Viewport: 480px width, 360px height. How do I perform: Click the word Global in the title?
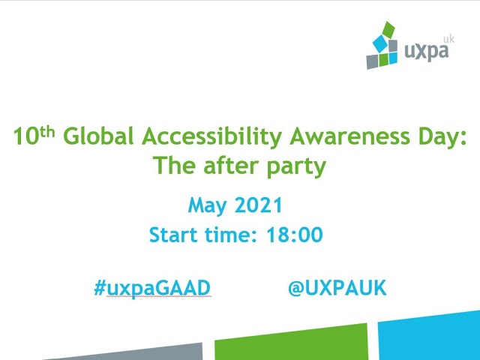tap(98, 136)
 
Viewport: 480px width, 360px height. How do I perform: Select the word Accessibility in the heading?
tap(211, 137)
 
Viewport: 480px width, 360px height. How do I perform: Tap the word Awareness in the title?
tap(349, 136)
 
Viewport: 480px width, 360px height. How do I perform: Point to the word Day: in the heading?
tap(442, 137)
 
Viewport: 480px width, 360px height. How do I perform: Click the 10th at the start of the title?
tap(34, 136)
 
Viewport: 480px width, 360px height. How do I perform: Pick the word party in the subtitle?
tap(296, 166)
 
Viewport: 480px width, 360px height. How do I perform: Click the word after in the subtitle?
tap(231, 165)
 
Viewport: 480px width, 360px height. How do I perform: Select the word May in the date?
tap(207, 205)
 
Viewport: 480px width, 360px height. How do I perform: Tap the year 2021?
tap(258, 205)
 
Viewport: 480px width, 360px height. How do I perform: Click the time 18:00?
tap(295, 235)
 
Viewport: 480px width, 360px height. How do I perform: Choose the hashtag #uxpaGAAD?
tap(152, 288)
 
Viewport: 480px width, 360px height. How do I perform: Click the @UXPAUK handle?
tap(337, 288)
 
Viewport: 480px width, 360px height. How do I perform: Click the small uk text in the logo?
tap(448, 39)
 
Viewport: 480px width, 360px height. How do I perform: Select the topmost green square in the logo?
tap(388, 30)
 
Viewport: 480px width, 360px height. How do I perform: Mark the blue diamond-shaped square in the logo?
tap(380, 43)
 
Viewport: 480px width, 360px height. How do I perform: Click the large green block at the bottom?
tap(291, 342)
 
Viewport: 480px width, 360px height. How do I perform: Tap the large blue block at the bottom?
tap(429, 336)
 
